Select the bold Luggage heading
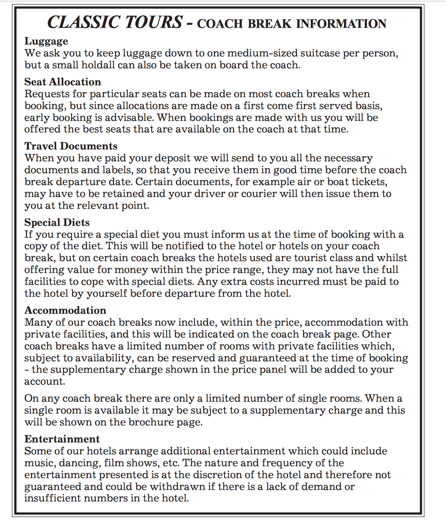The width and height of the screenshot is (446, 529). (x=46, y=41)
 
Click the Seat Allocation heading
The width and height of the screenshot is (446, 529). (x=62, y=82)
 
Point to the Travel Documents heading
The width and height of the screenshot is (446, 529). (x=71, y=146)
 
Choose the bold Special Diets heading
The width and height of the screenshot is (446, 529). (x=57, y=222)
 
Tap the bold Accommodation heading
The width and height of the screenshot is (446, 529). (x=65, y=310)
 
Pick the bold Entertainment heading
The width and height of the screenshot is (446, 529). (x=62, y=439)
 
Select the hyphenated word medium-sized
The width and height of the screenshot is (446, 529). (x=266, y=53)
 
